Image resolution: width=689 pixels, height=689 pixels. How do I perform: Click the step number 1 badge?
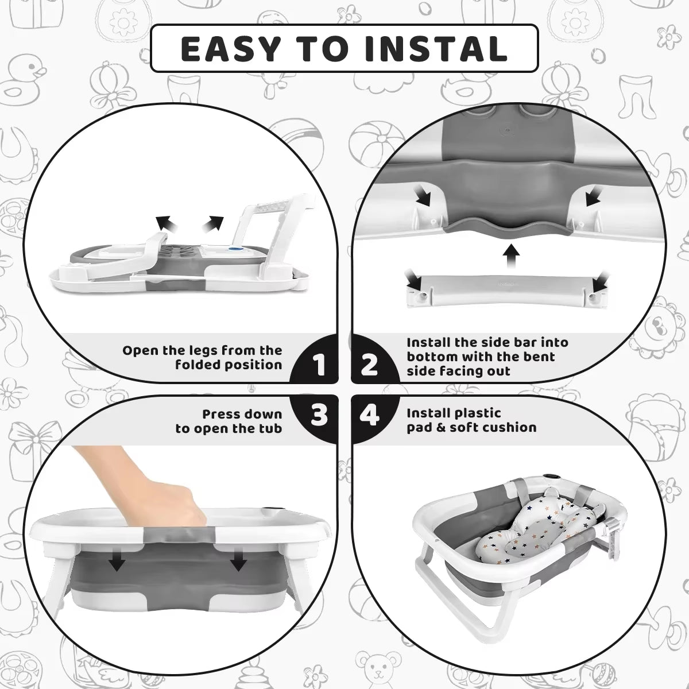click(x=320, y=365)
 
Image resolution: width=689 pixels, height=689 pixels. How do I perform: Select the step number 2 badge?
click(x=369, y=365)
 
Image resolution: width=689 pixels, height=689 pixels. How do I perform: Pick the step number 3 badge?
click(x=320, y=415)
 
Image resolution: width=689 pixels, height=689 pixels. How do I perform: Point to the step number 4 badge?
click(x=369, y=415)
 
